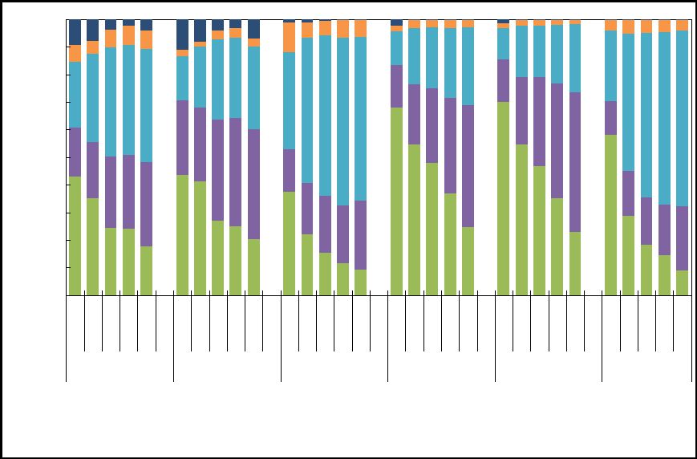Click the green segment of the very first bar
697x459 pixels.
pyautogui.click(x=75, y=236)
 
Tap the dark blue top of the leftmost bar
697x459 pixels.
pyautogui.click(x=75, y=32)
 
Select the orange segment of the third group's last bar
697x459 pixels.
pyautogui.click(x=361, y=28)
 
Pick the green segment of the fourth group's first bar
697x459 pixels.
pyautogui.click(x=396, y=201)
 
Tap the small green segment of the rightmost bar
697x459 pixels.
pyautogui.click(x=683, y=282)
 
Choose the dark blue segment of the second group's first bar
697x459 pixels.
pyautogui.click(x=182, y=35)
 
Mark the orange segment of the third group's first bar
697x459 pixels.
pyautogui.click(x=290, y=37)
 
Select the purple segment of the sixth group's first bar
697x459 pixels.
pyautogui.click(x=610, y=118)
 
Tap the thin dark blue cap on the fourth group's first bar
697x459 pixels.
pyautogui.click(x=396, y=22)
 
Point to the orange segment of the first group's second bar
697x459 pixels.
pyautogui.click(x=92, y=47)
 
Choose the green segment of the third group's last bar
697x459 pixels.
pyautogui.click(x=361, y=282)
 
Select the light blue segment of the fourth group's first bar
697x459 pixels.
pyautogui.click(x=396, y=48)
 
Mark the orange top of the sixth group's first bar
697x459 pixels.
pyautogui.click(x=610, y=25)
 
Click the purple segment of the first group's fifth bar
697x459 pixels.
pyautogui.click(x=146, y=204)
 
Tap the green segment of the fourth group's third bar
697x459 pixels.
pyautogui.click(x=432, y=229)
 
